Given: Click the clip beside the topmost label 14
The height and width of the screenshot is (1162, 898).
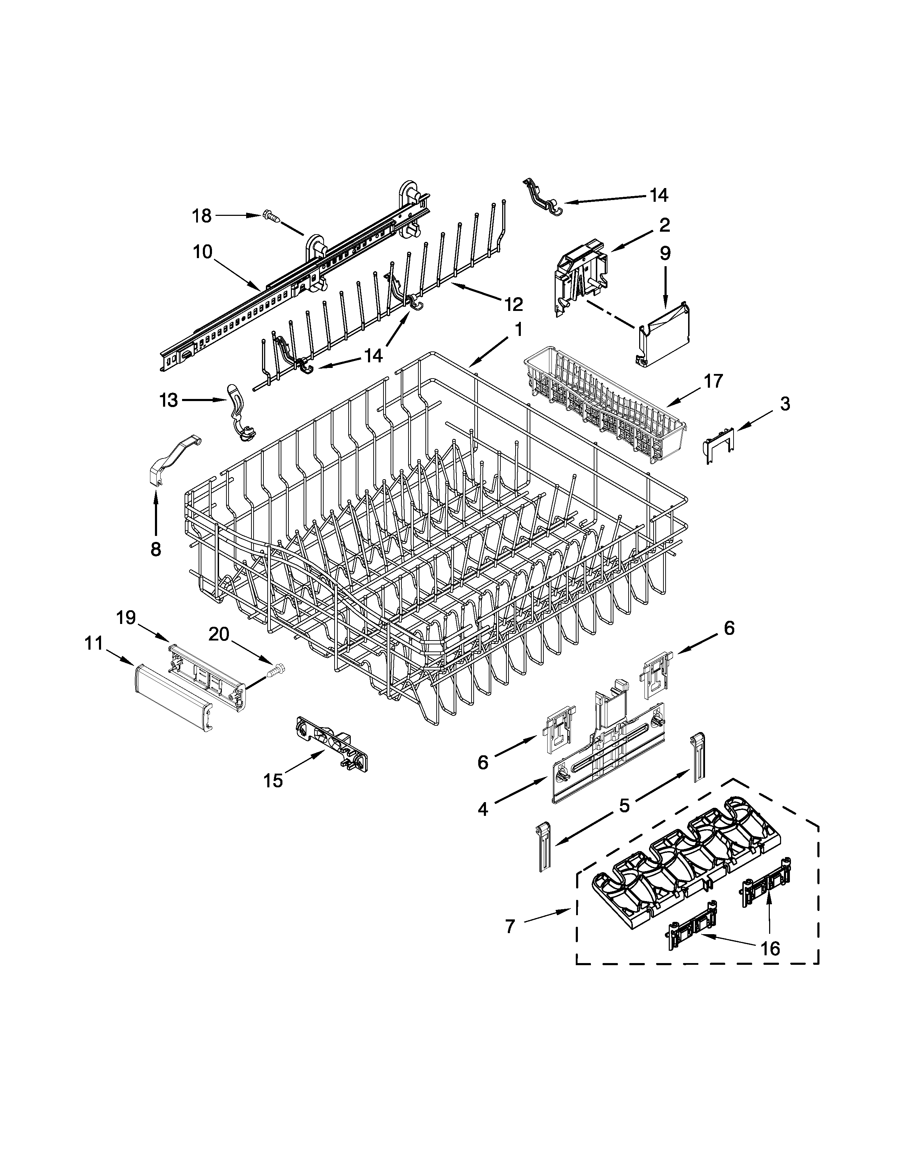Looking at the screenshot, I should click(542, 199).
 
